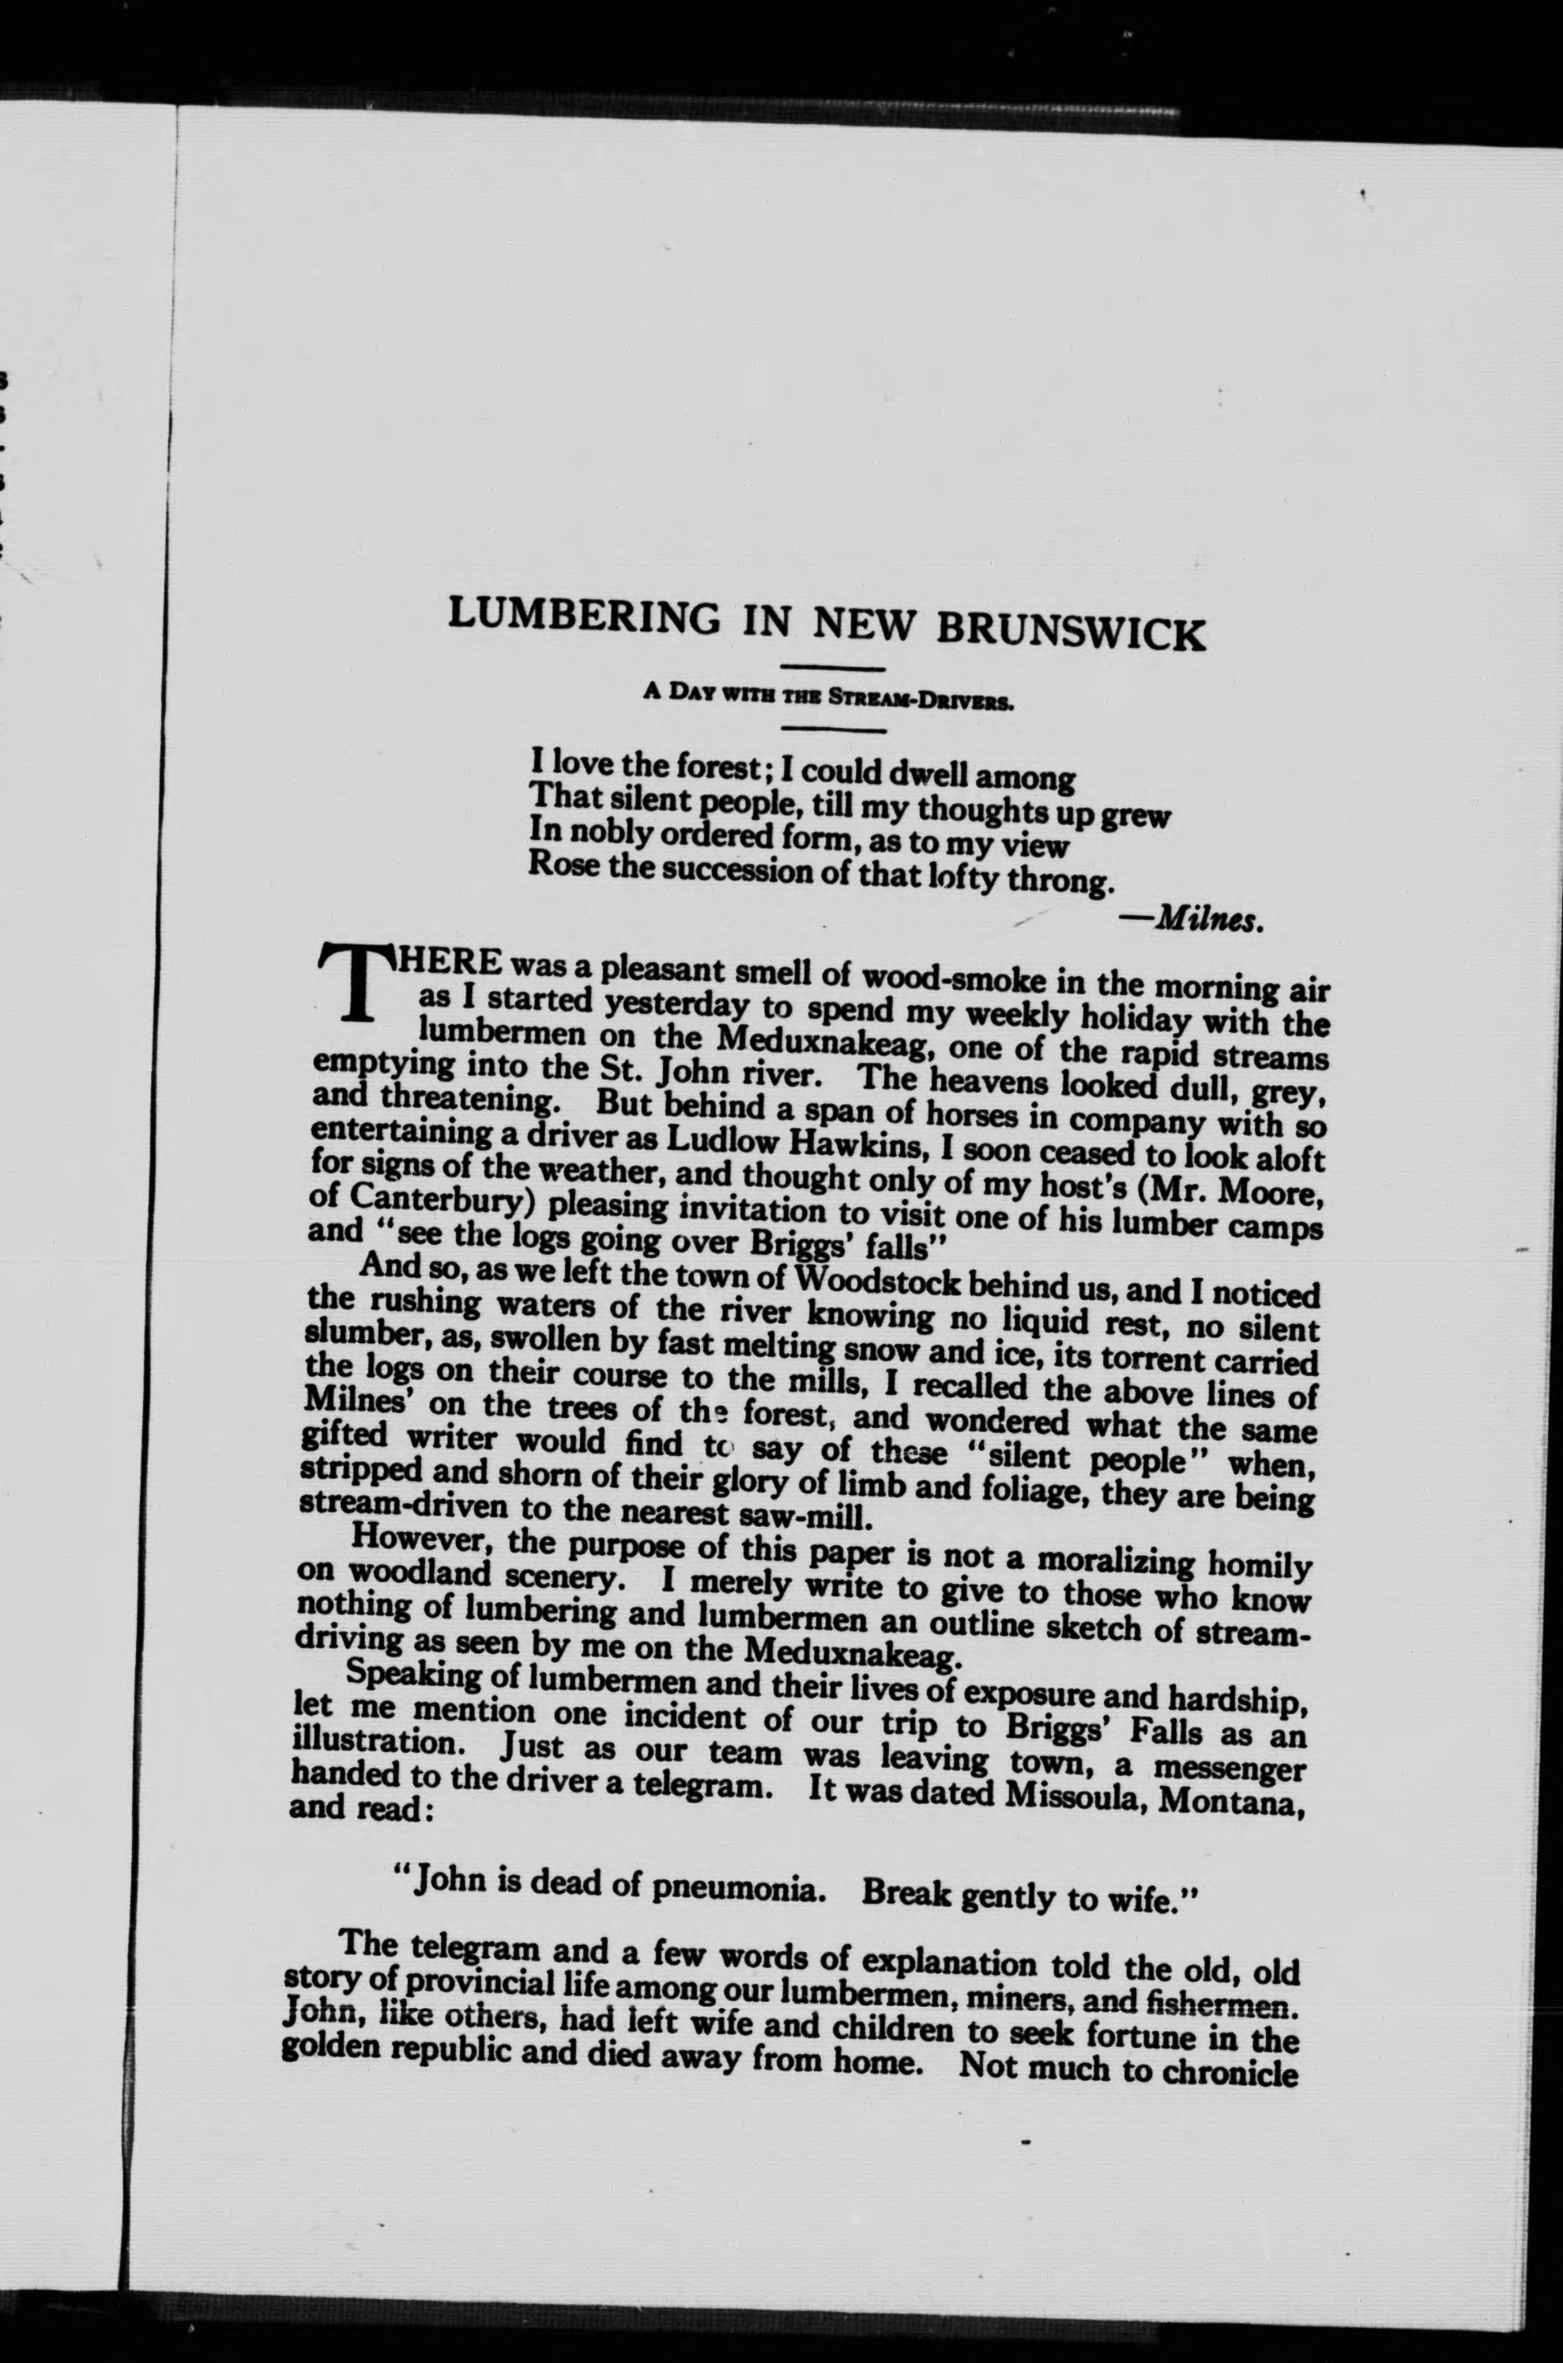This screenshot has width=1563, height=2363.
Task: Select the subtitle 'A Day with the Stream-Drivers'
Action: click(x=828, y=697)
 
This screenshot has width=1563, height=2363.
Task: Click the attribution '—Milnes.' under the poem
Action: click(x=1207, y=918)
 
